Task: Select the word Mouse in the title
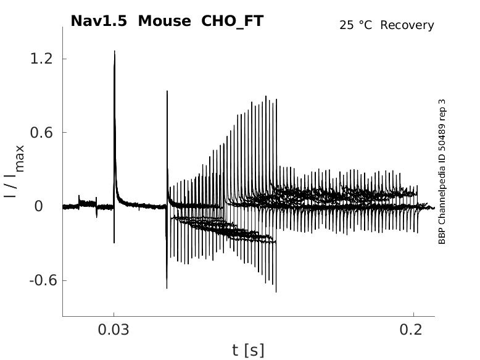[165, 21]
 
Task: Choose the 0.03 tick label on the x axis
[114, 330]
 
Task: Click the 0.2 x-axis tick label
[413, 330]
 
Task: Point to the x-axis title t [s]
[248, 351]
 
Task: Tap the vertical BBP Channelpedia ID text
[442, 172]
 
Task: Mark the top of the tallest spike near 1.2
[115, 51]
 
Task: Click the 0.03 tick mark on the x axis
[114, 314]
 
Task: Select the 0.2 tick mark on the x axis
[413, 314]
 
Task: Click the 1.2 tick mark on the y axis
[64, 59]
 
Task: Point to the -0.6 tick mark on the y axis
[64, 280]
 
